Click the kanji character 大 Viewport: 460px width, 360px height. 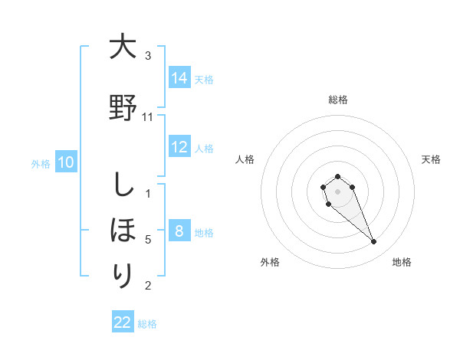123,47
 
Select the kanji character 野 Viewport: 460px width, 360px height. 123,107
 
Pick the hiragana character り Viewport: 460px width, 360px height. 123,274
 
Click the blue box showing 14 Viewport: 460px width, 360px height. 179,77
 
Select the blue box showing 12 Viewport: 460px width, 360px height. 179,147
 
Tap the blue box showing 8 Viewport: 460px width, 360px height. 179,231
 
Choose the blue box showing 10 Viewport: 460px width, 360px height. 66,162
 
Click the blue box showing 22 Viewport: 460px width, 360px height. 123,322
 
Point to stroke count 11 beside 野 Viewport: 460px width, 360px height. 148,117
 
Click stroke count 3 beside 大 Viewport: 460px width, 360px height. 148,56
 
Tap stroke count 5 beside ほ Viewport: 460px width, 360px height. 148,240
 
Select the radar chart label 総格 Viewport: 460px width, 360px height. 338,100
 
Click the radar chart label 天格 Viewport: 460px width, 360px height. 432,159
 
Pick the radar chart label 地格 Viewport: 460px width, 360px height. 402,262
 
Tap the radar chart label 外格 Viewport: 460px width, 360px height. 270,262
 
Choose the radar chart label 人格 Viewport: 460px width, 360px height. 245,159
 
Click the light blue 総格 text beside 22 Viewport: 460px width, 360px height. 147,324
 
